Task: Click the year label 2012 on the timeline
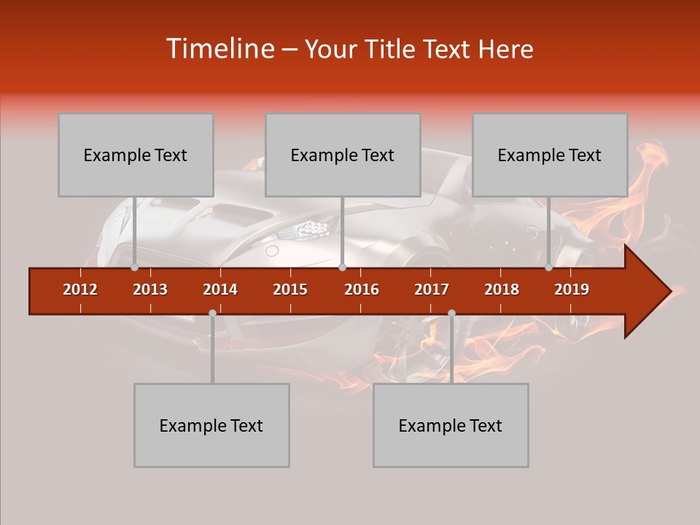click(80, 289)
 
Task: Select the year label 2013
click(150, 289)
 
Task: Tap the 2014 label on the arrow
click(220, 289)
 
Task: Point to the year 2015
click(290, 289)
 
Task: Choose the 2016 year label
click(362, 289)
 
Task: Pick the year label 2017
click(432, 289)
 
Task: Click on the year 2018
click(502, 289)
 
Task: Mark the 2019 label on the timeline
click(572, 289)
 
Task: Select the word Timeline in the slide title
click(219, 49)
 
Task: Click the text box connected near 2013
click(136, 155)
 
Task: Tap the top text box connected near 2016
click(343, 155)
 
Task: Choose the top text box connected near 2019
click(550, 155)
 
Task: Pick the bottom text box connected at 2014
click(211, 425)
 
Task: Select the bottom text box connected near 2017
click(451, 425)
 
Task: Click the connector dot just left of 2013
click(134, 268)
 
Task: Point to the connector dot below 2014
click(212, 313)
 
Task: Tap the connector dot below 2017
click(451, 313)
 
